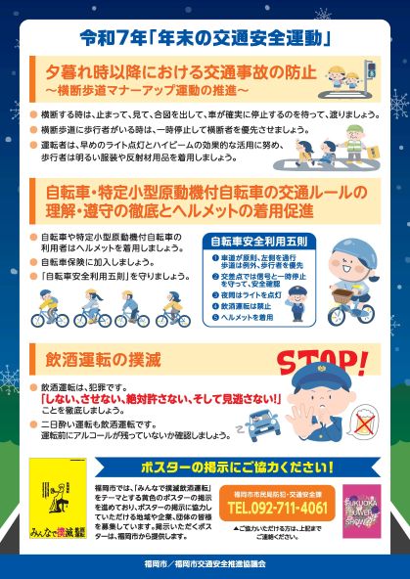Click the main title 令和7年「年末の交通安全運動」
click(205, 40)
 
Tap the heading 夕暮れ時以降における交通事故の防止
click(176, 74)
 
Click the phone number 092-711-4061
click(278, 509)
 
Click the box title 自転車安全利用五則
click(247, 239)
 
